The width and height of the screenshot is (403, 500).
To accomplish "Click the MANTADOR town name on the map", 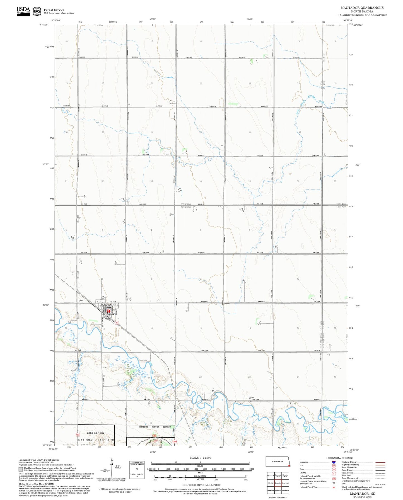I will click(x=109, y=305).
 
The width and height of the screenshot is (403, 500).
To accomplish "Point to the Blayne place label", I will click(x=227, y=304).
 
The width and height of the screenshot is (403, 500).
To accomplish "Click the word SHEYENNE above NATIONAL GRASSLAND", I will click(x=95, y=433).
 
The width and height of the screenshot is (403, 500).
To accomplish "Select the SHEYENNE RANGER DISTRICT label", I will click(x=155, y=427).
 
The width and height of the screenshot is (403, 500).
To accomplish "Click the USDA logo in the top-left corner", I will click(x=23, y=11).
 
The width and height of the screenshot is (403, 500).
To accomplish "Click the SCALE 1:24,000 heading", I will click(x=200, y=458).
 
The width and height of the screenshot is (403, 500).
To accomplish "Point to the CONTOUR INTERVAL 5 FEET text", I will click(x=201, y=485).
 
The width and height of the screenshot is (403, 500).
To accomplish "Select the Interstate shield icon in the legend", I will click(x=334, y=462).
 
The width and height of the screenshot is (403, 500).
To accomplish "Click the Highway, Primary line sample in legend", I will click(x=380, y=462).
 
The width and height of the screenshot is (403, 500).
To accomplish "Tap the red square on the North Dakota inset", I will click(x=289, y=465).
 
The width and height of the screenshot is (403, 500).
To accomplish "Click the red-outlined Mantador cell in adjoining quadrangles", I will click(x=278, y=483).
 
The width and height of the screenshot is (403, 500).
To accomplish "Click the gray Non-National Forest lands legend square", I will click(x=21, y=469).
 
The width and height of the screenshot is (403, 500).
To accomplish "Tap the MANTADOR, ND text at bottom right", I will click(x=363, y=494).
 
